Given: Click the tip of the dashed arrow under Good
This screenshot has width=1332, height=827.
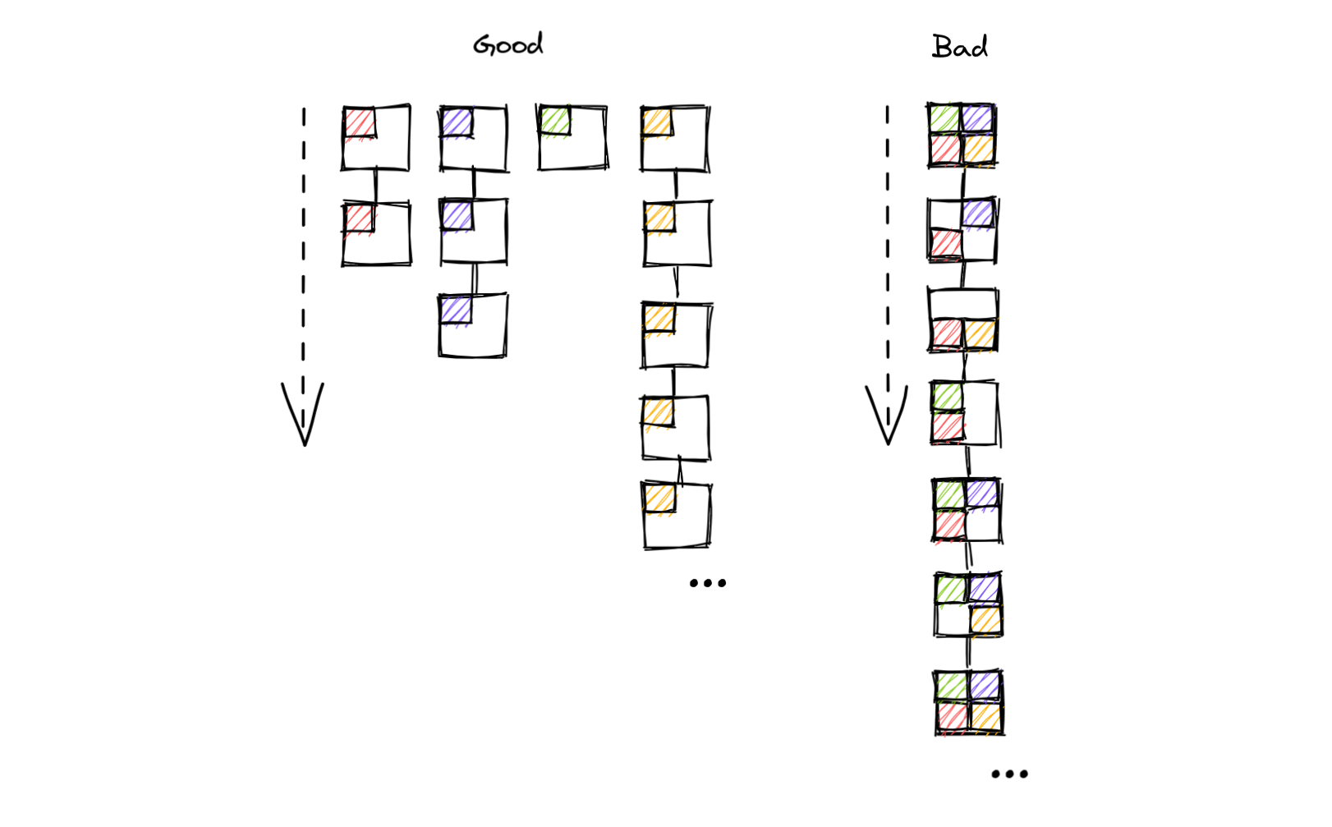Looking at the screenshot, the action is coord(305,445).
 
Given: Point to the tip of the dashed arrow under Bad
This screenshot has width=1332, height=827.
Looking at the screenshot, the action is coord(889,444).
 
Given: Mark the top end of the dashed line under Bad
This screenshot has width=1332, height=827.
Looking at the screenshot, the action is coord(887,107).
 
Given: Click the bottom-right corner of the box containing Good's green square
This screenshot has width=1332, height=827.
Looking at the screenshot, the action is coord(607,168).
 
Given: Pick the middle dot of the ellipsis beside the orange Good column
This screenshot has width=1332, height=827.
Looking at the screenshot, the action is coord(708,583).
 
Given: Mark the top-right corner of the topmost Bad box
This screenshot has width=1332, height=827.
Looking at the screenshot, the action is coord(994,105).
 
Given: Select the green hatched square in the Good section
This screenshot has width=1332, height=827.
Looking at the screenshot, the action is coord(555,121).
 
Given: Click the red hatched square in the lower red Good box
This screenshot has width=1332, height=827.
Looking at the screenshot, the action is coord(359,218).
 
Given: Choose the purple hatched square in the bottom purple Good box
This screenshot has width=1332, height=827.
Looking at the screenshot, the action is coord(456,310).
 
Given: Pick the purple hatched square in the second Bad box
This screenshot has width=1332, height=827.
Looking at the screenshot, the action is coord(978,213).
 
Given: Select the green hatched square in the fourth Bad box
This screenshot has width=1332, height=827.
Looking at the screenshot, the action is coord(948,397).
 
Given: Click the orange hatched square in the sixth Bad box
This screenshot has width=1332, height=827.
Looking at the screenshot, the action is coord(986,620).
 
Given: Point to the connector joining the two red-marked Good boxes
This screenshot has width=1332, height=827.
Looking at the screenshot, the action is coord(376,186).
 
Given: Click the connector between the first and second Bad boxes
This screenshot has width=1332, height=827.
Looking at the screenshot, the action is coord(962,183).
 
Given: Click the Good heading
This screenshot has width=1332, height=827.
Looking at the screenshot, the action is coord(508,44).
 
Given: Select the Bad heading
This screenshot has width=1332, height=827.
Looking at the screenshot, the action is coord(960,46).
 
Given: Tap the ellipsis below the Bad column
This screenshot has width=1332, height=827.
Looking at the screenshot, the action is coord(1010,774).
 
